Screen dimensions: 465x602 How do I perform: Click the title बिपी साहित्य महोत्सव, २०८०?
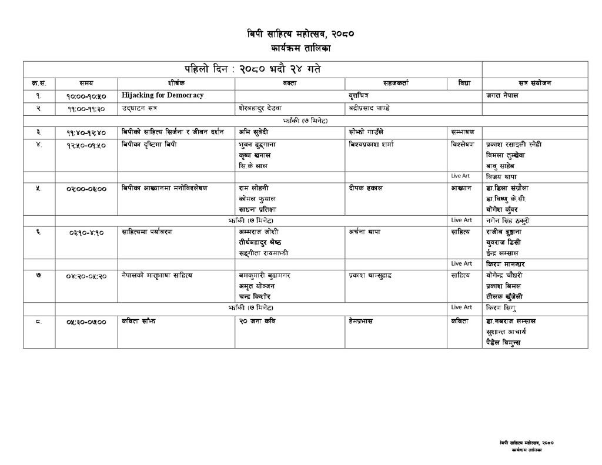click(x=300, y=34)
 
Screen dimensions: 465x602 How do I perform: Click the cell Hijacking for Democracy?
click(x=163, y=95)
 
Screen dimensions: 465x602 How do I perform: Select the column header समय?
click(x=86, y=83)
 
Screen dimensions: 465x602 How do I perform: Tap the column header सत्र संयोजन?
click(x=534, y=83)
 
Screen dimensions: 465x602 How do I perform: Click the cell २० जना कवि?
click(x=257, y=322)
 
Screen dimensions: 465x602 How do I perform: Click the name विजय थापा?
click(x=501, y=176)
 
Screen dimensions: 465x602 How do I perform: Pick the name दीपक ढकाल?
click(x=366, y=188)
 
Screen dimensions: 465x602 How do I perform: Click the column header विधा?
click(x=464, y=83)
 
